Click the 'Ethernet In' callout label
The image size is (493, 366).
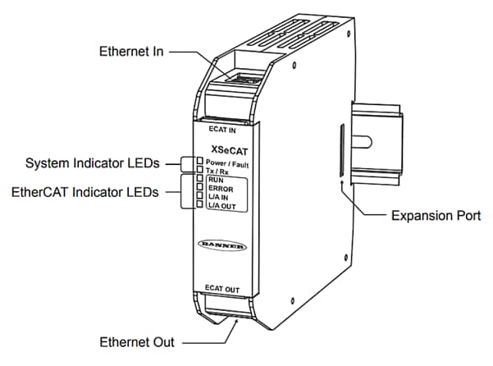131,51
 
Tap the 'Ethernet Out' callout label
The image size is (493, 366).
135,341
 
